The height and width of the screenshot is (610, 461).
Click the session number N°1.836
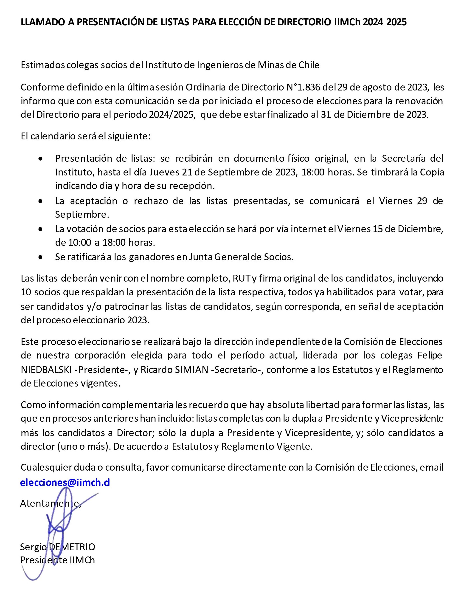pyautogui.click(x=303, y=87)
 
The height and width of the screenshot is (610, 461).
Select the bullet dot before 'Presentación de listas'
pyautogui.click(x=41, y=159)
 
